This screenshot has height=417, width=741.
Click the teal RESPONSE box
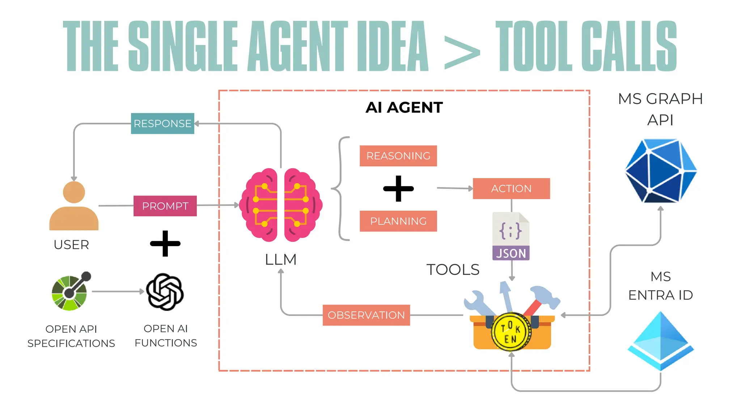coord(162,123)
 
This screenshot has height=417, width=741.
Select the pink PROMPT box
coord(165,206)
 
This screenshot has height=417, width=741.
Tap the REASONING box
coord(398,156)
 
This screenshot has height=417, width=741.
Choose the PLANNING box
coord(398,221)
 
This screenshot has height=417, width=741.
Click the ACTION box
coord(511,189)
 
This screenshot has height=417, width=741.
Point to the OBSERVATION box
coord(366,315)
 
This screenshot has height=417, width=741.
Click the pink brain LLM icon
coord(281,205)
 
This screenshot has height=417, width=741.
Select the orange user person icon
coord(74,206)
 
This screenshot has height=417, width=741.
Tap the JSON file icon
coord(511,236)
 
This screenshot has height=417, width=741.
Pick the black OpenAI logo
coord(165,292)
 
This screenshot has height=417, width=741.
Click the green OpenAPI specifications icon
coord(70,292)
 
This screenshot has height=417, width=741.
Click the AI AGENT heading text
coord(404,108)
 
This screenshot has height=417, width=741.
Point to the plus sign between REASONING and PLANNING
coord(398,189)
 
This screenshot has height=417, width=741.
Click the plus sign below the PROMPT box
coord(165,243)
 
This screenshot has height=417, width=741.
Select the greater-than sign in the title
coord(462,53)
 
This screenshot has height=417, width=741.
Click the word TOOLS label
coord(453,270)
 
